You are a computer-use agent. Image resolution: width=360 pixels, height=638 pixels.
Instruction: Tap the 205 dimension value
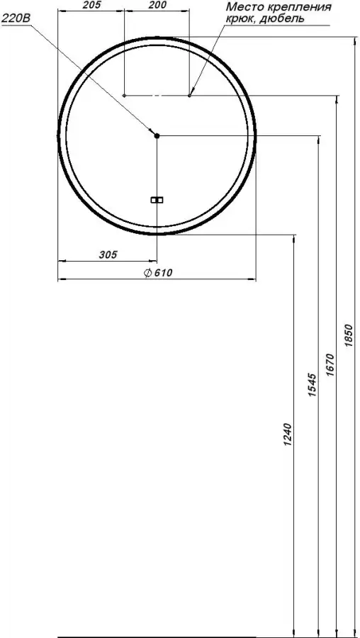pos(91,4)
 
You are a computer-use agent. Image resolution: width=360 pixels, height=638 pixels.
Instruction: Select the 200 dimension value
pos(157,4)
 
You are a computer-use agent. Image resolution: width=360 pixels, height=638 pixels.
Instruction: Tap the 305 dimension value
pos(108,254)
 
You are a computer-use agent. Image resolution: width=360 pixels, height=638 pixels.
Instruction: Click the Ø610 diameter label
pos(159,273)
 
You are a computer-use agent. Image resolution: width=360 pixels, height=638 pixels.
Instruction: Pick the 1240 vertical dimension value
pos(288,435)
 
